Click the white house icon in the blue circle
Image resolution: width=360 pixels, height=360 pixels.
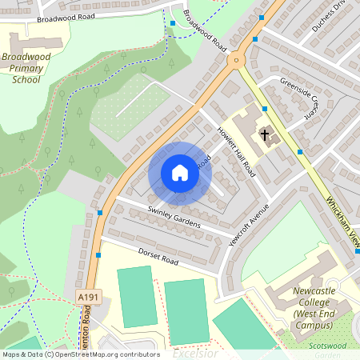(180, 173)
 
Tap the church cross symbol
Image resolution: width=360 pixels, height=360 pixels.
(264, 135)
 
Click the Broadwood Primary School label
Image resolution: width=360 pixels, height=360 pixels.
(26, 68)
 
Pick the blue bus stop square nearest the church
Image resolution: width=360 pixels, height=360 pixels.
(300, 151)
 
